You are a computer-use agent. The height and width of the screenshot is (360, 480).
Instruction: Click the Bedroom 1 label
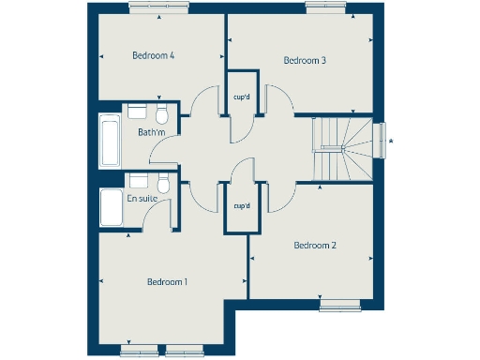point(167,281)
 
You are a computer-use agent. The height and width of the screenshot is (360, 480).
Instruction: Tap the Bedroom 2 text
point(314,246)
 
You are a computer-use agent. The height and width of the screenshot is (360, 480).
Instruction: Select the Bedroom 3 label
point(305,61)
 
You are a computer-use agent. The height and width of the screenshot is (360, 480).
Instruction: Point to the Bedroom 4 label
point(154,55)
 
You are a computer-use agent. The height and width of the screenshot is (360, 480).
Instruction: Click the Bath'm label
point(151,132)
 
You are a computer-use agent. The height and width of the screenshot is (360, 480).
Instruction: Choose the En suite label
point(143,198)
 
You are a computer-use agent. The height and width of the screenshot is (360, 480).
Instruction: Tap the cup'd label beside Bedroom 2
point(241,205)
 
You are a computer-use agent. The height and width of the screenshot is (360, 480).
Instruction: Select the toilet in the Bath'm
point(161,115)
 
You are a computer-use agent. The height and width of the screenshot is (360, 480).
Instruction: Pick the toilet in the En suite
point(163,184)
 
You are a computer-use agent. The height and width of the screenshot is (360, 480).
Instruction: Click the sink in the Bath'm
point(137,112)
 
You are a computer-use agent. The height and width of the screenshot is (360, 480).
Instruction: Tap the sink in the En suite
point(138,180)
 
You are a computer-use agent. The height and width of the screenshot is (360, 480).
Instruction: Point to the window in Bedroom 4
point(156,8)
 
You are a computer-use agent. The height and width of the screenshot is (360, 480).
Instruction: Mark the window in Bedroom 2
point(338,304)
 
